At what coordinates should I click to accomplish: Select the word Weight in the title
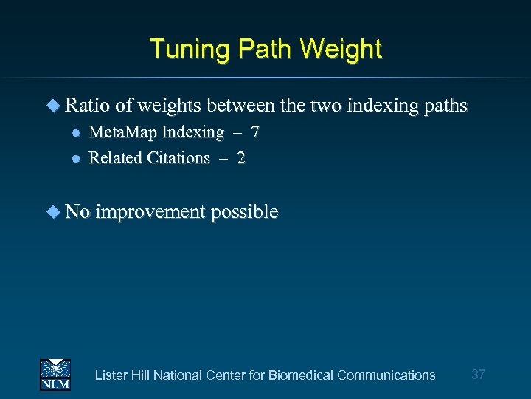(342, 50)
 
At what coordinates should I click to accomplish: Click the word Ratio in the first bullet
(87, 106)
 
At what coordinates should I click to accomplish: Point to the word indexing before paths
(383, 106)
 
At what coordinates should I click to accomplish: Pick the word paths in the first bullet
(446, 106)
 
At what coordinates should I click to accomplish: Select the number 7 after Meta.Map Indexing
(254, 133)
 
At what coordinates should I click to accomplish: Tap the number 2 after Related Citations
(241, 157)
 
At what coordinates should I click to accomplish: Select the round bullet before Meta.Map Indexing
(75, 134)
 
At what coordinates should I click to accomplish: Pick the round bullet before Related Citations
(75, 158)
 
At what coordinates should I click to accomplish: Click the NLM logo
(55, 374)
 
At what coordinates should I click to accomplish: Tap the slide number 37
(478, 375)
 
